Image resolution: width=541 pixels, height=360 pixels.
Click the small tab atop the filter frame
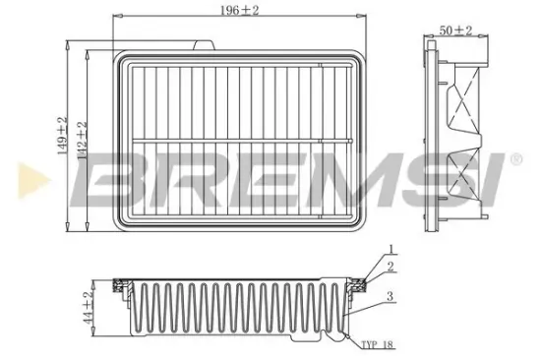208,45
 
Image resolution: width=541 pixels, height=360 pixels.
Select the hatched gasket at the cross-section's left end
119,286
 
